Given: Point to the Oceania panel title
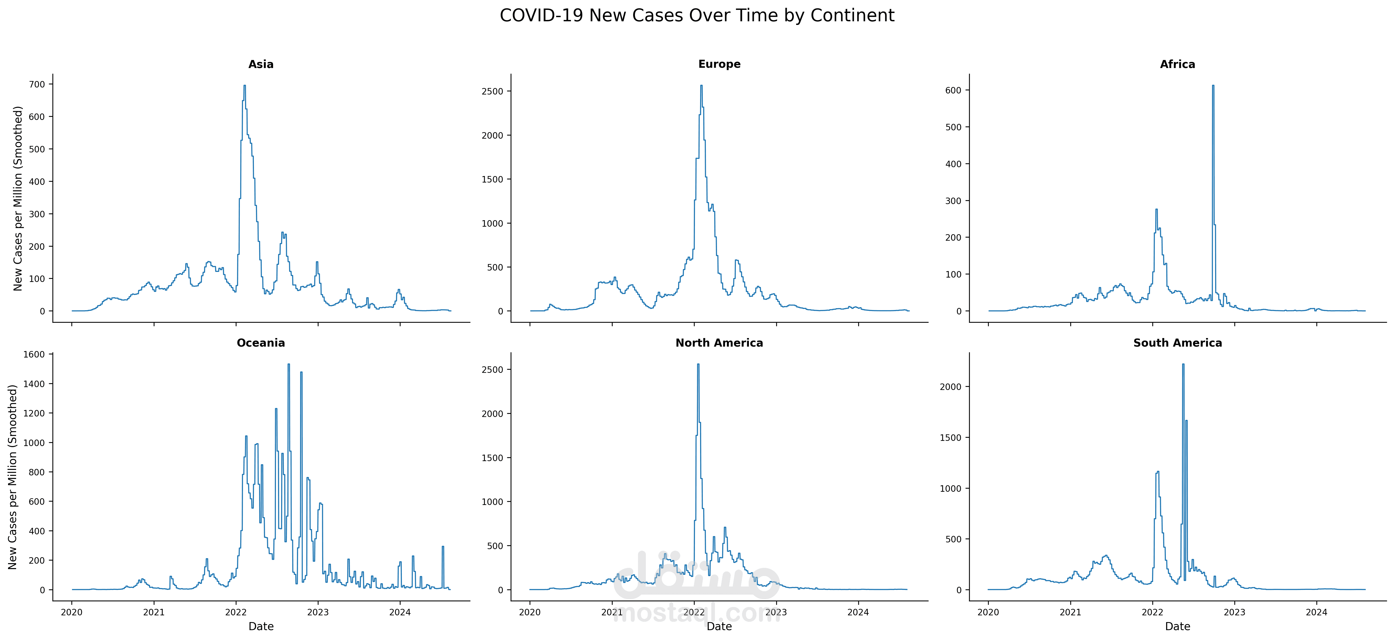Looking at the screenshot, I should (x=261, y=343).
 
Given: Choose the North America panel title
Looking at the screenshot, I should (x=719, y=343).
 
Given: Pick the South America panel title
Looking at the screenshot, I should (x=1178, y=343).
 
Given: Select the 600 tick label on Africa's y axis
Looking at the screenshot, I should (x=953, y=90).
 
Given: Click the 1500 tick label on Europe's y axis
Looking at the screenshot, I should (x=492, y=179).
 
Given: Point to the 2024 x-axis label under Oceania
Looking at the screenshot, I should (x=400, y=612).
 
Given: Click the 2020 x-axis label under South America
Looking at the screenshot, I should (x=988, y=612).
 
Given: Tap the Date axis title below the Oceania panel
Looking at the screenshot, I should (x=261, y=626).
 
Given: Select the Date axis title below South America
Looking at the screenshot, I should (x=1178, y=626).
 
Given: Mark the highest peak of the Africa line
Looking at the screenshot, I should (x=1213, y=86).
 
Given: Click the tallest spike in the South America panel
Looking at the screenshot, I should (x=1183, y=365).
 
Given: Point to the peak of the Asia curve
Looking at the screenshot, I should (x=245, y=86).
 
